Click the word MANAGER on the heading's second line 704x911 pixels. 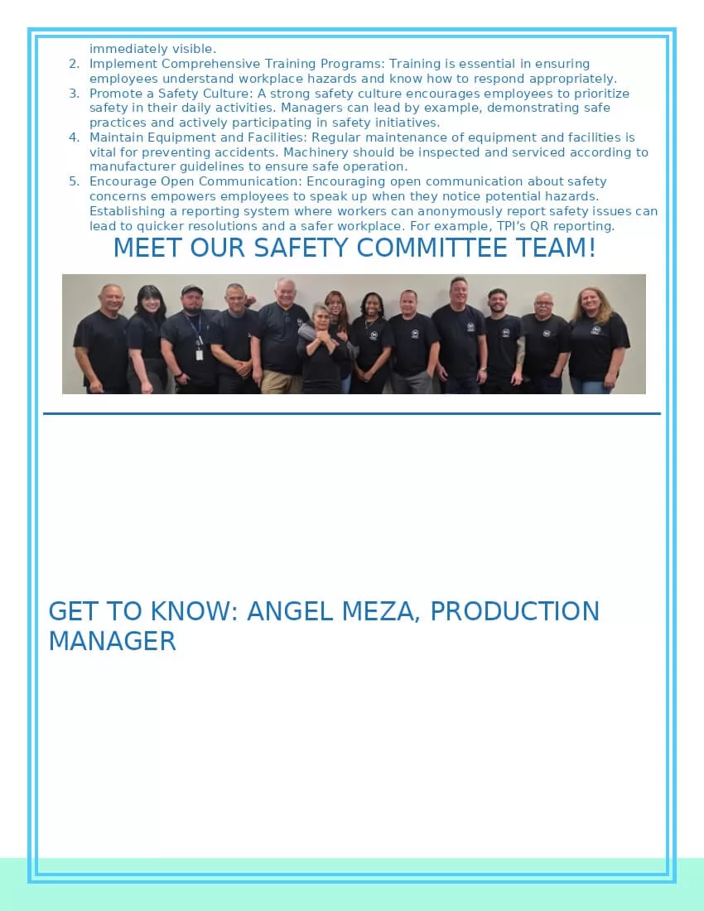pos(112,641)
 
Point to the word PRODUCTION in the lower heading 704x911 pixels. pos(514,611)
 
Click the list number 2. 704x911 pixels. pos(74,64)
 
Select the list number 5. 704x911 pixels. pos(74,181)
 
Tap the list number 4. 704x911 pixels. pos(74,137)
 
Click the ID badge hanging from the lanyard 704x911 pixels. pos(200,354)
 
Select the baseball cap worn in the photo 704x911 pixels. pos(191,290)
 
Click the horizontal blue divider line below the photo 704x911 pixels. pos(352,413)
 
